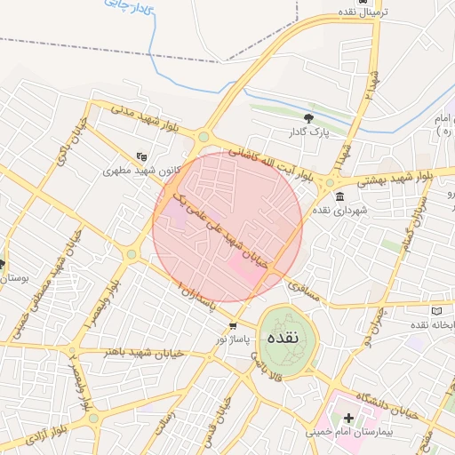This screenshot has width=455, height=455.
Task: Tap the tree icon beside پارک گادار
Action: [x=308, y=117]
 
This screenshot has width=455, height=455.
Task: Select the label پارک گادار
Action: [x=308, y=132]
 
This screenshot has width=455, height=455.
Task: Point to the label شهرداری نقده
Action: [x=339, y=211]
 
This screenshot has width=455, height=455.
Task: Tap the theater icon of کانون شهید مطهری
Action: [x=141, y=156]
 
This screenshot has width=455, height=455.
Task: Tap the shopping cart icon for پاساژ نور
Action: [x=233, y=325]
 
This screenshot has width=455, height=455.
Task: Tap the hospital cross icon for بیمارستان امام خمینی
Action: [x=348, y=417]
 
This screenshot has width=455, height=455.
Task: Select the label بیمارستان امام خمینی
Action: [x=348, y=432]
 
